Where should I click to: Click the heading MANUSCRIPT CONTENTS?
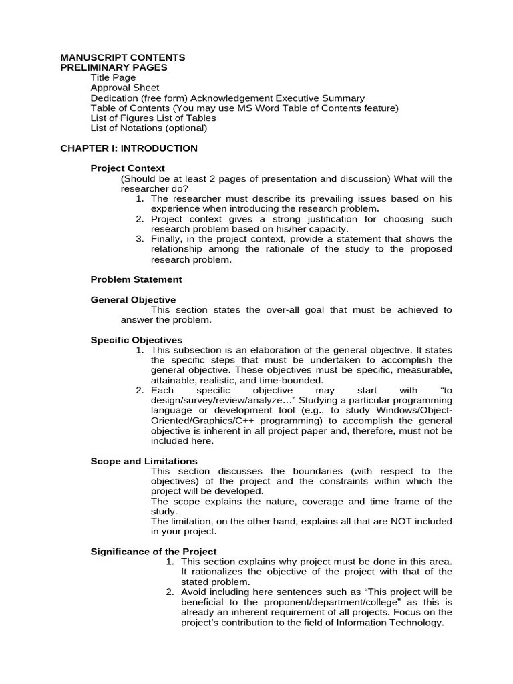pyautogui.click(x=123, y=57)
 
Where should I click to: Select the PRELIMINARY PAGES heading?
pyautogui.click(x=114, y=67)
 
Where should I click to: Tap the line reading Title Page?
pyautogui.click(x=113, y=77)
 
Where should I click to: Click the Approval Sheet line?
pyautogui.click(x=125, y=88)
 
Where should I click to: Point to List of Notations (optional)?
pyautogui.click(x=149, y=128)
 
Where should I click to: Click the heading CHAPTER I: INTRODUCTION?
pyautogui.click(x=129, y=148)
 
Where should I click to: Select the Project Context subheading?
pyautogui.click(x=128, y=168)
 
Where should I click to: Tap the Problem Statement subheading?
pyautogui.click(x=136, y=279)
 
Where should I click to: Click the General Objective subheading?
pyautogui.click(x=133, y=300)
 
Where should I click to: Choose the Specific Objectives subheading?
pyautogui.click(x=136, y=340)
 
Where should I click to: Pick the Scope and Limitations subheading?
pyautogui.click(x=144, y=461)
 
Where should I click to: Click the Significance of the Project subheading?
pyautogui.click(x=154, y=551)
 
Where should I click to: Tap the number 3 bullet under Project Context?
pyautogui.click(x=139, y=239)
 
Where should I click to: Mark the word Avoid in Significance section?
pyautogui.click(x=194, y=592)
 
